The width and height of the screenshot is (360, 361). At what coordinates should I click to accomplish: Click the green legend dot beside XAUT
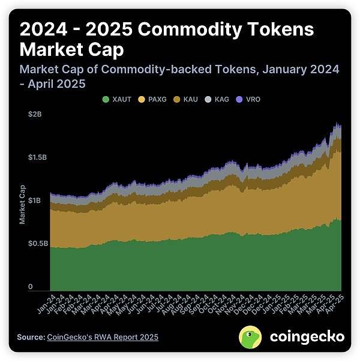pos(106,98)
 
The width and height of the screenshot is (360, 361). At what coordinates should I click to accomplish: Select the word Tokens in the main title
pos(281,29)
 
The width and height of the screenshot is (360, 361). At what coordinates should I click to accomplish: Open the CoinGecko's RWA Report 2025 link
pos(103,337)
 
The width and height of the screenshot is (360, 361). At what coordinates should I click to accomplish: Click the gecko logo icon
pos(251,337)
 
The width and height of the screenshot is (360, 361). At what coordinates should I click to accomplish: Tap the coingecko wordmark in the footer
pos(307,337)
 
